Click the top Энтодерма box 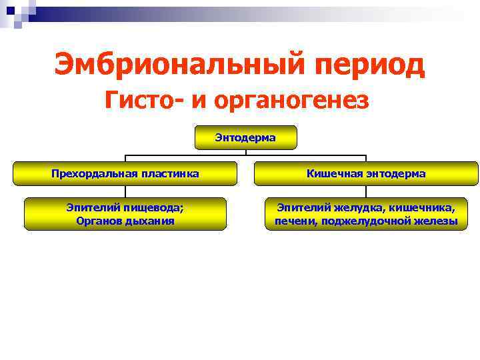tap(245, 137)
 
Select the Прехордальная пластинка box tap(125, 173)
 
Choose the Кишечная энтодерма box tap(366, 173)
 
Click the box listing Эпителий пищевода tap(125, 214)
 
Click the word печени tap(295, 221)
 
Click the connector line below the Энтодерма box tap(245, 155)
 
